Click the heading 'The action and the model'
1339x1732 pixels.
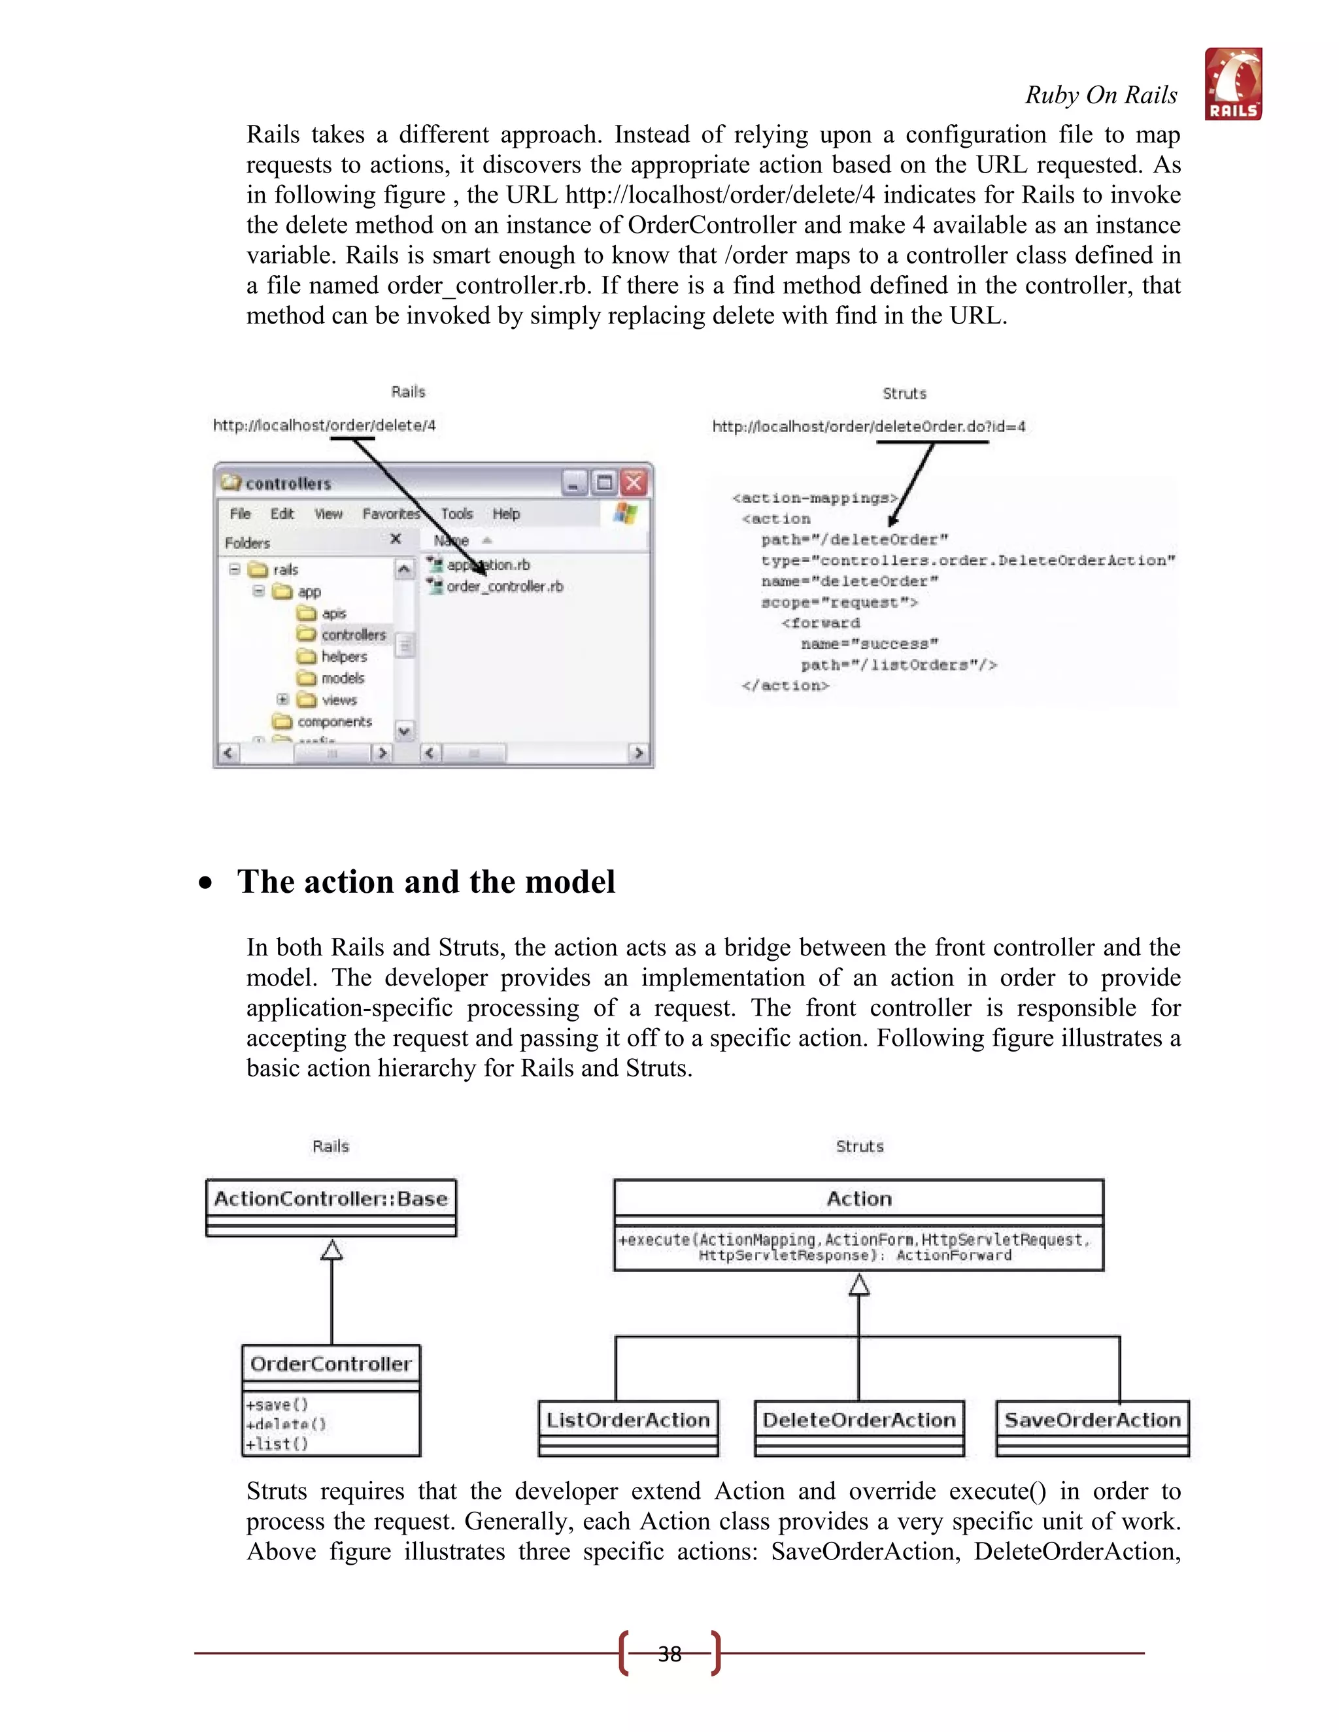(x=426, y=882)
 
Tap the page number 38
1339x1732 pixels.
(x=669, y=1654)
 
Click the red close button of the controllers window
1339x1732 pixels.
(x=635, y=482)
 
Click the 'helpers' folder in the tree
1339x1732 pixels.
(x=343, y=657)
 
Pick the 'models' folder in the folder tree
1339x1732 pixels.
(x=342, y=678)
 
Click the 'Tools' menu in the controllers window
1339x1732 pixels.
(x=457, y=514)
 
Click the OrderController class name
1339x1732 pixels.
(x=331, y=1364)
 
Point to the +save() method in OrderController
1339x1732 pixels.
(x=277, y=1405)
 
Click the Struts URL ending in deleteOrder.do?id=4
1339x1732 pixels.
(x=869, y=427)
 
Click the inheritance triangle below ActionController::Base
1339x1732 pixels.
(x=331, y=1250)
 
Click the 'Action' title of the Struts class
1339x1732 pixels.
(x=859, y=1198)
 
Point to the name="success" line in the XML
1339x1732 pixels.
(x=870, y=644)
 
